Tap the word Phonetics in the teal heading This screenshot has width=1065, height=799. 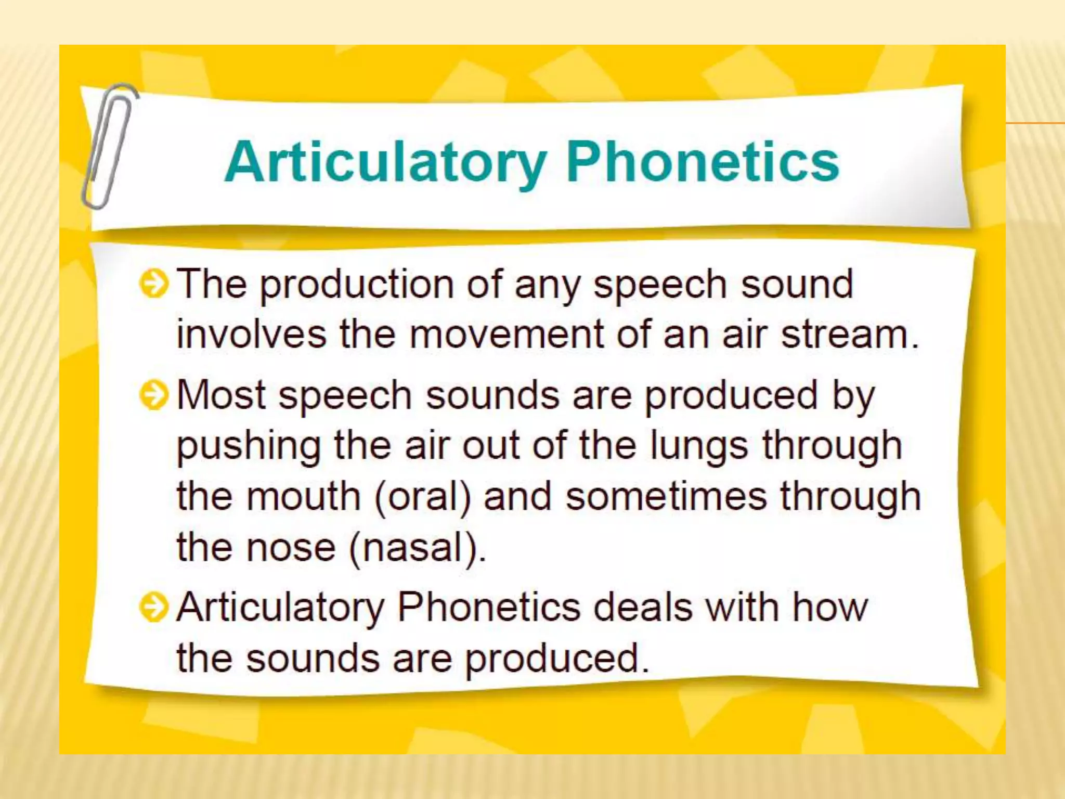tap(702, 162)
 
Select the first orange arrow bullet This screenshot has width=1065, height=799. tap(154, 285)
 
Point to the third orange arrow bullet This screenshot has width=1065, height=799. tap(154, 607)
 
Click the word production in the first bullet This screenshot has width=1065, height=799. tap(357, 285)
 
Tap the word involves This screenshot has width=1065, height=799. tap(251, 334)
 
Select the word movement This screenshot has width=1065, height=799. tap(506, 334)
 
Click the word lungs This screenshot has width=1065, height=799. tap(699, 446)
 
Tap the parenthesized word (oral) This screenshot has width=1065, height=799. tap(422, 497)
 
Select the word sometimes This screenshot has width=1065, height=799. tap(666, 497)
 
